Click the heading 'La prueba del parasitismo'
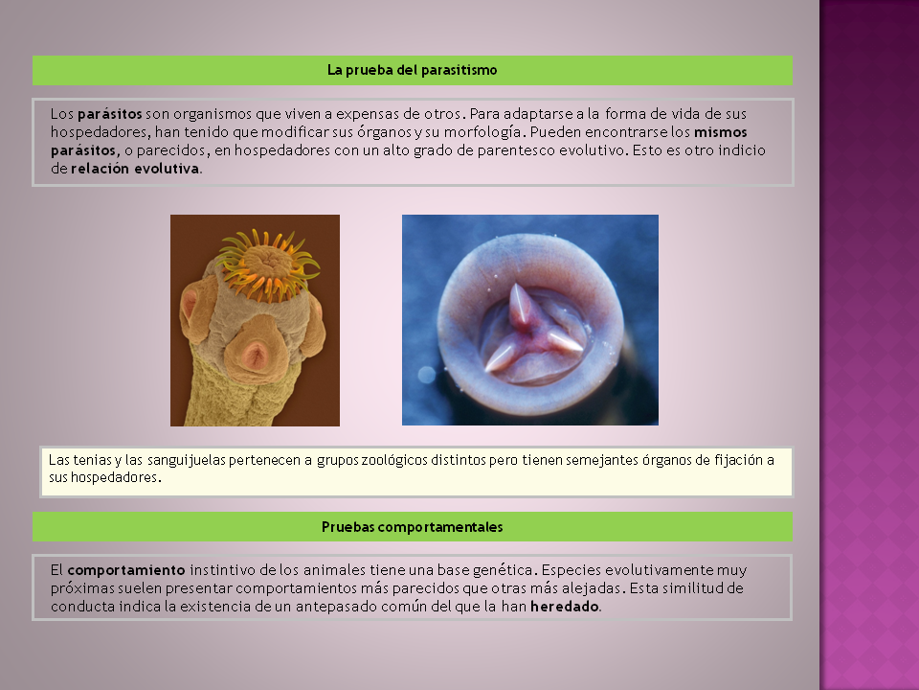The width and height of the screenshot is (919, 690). coord(412,70)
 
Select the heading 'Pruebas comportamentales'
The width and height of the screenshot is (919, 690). coord(412,527)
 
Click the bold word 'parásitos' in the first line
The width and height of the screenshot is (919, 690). coord(110,114)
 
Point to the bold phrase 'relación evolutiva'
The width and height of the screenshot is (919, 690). coord(135,169)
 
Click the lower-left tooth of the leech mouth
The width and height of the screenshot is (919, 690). coord(502,357)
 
